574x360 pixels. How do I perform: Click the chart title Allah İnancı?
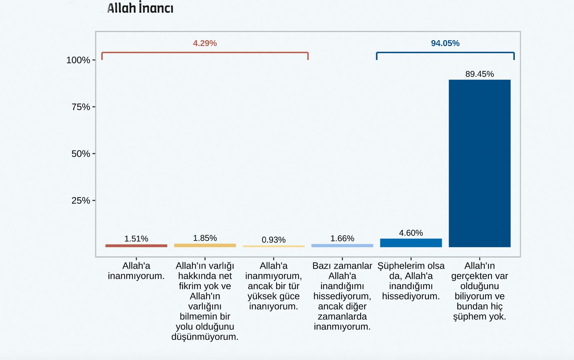tap(140, 8)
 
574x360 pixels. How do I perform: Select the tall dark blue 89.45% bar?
tap(479, 163)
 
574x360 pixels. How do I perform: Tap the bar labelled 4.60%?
tap(411, 243)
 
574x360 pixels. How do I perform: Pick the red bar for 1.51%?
tap(136, 246)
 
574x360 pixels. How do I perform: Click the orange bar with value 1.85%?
tap(205, 245)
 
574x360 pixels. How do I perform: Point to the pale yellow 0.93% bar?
tap(273, 246)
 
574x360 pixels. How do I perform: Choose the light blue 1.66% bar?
tap(342, 246)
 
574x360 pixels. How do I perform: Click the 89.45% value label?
tap(479, 74)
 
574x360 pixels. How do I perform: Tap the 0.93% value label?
tap(273, 240)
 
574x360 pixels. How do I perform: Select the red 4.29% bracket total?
tap(205, 43)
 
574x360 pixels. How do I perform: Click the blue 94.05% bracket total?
tap(445, 43)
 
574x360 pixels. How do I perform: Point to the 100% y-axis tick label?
tap(78, 60)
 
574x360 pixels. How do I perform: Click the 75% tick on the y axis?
tap(81, 107)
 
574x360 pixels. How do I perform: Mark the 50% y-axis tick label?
tap(81, 154)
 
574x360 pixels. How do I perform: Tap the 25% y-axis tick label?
tap(81, 200)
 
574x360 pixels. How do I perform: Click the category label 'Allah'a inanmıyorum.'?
tap(136, 271)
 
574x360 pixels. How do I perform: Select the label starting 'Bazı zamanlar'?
tap(342, 296)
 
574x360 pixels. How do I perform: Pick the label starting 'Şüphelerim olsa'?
tap(411, 281)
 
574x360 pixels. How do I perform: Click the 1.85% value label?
tap(205, 238)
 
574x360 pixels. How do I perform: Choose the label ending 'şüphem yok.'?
tap(479, 291)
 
